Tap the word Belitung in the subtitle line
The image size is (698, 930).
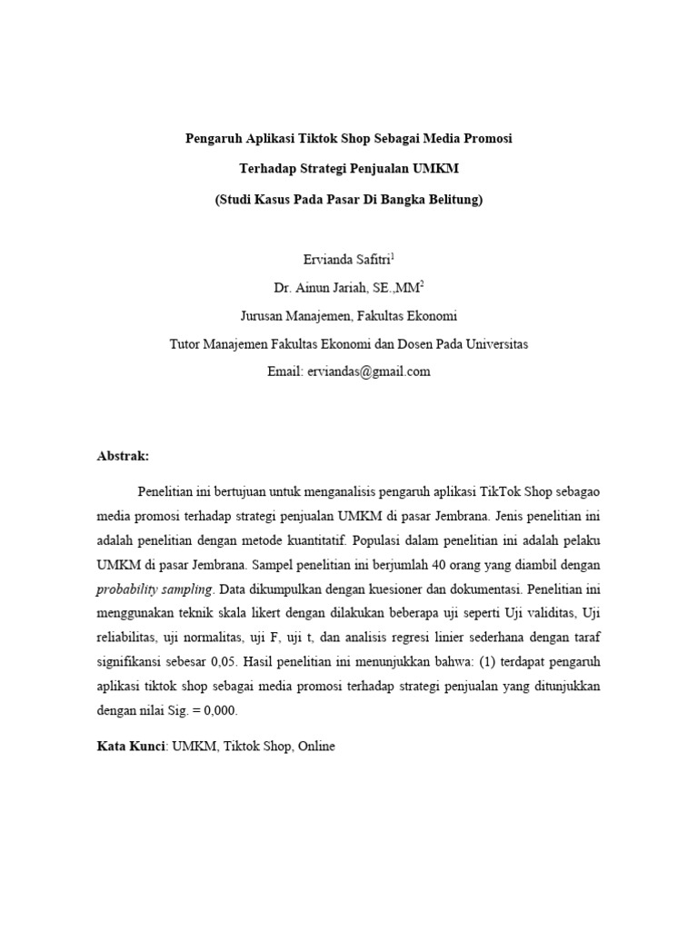[x=450, y=200]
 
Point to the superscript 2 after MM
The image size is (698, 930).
[x=421, y=283]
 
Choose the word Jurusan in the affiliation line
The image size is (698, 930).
[x=264, y=316]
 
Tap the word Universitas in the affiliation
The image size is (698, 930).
[x=495, y=344]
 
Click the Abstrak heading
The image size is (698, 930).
[x=123, y=456]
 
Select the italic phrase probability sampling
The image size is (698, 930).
[x=150, y=589]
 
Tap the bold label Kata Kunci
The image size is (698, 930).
[x=130, y=747]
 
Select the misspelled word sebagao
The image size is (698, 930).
[x=573, y=491]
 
